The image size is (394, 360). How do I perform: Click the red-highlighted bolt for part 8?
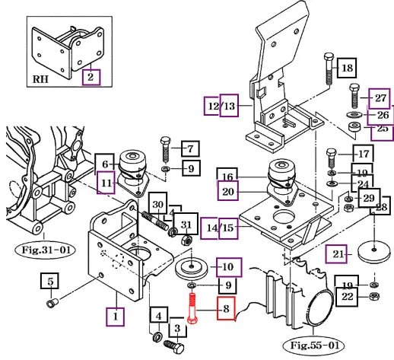[x=192, y=308]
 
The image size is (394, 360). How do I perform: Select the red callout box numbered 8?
[x=226, y=308]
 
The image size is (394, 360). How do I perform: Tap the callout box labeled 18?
[x=347, y=68]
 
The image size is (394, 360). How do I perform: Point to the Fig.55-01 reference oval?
[x=314, y=346]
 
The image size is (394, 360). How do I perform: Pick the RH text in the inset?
[x=40, y=79]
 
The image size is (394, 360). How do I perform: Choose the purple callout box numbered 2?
[x=91, y=77]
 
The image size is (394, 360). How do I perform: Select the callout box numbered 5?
[x=49, y=281]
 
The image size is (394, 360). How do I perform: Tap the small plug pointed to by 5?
[x=52, y=303]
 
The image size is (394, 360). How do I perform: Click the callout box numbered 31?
[x=186, y=224]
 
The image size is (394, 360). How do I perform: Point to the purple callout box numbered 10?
[x=229, y=267]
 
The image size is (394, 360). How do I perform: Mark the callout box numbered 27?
[x=380, y=98]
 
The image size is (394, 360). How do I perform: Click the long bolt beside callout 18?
[x=329, y=68]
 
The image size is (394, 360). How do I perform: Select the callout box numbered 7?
[x=190, y=148]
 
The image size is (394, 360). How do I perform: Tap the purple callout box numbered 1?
[x=116, y=317]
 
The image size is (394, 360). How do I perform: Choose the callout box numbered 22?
[x=347, y=297]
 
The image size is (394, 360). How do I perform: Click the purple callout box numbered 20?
[x=227, y=191]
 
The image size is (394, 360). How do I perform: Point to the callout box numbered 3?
[x=178, y=328]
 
